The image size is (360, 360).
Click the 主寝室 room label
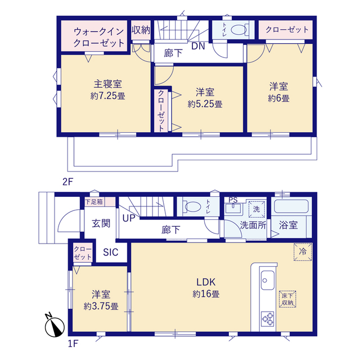[x=107, y=84]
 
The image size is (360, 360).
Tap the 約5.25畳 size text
[x=205, y=104]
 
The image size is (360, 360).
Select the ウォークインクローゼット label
[x=99, y=37]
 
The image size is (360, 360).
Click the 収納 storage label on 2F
[x=141, y=30]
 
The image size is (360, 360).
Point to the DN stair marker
[x=198, y=46]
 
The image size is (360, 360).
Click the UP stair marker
[x=129, y=218]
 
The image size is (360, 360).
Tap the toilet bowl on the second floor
[x=238, y=30]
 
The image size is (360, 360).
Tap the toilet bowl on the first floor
[x=192, y=206]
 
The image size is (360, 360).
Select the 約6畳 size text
[x=279, y=98]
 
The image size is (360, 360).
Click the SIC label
[x=111, y=253]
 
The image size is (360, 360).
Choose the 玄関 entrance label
[x=101, y=223]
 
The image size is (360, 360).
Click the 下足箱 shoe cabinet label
[x=94, y=202]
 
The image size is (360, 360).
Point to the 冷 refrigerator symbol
[x=303, y=251]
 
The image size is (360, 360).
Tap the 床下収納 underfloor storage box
[x=287, y=299]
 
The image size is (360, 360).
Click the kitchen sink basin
[x=268, y=280]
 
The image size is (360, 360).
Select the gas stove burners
[x=268, y=319]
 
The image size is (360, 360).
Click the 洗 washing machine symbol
[x=256, y=209]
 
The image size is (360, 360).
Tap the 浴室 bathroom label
[x=289, y=225]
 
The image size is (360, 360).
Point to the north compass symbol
[x=54, y=325]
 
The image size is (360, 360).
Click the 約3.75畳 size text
[x=101, y=306]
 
